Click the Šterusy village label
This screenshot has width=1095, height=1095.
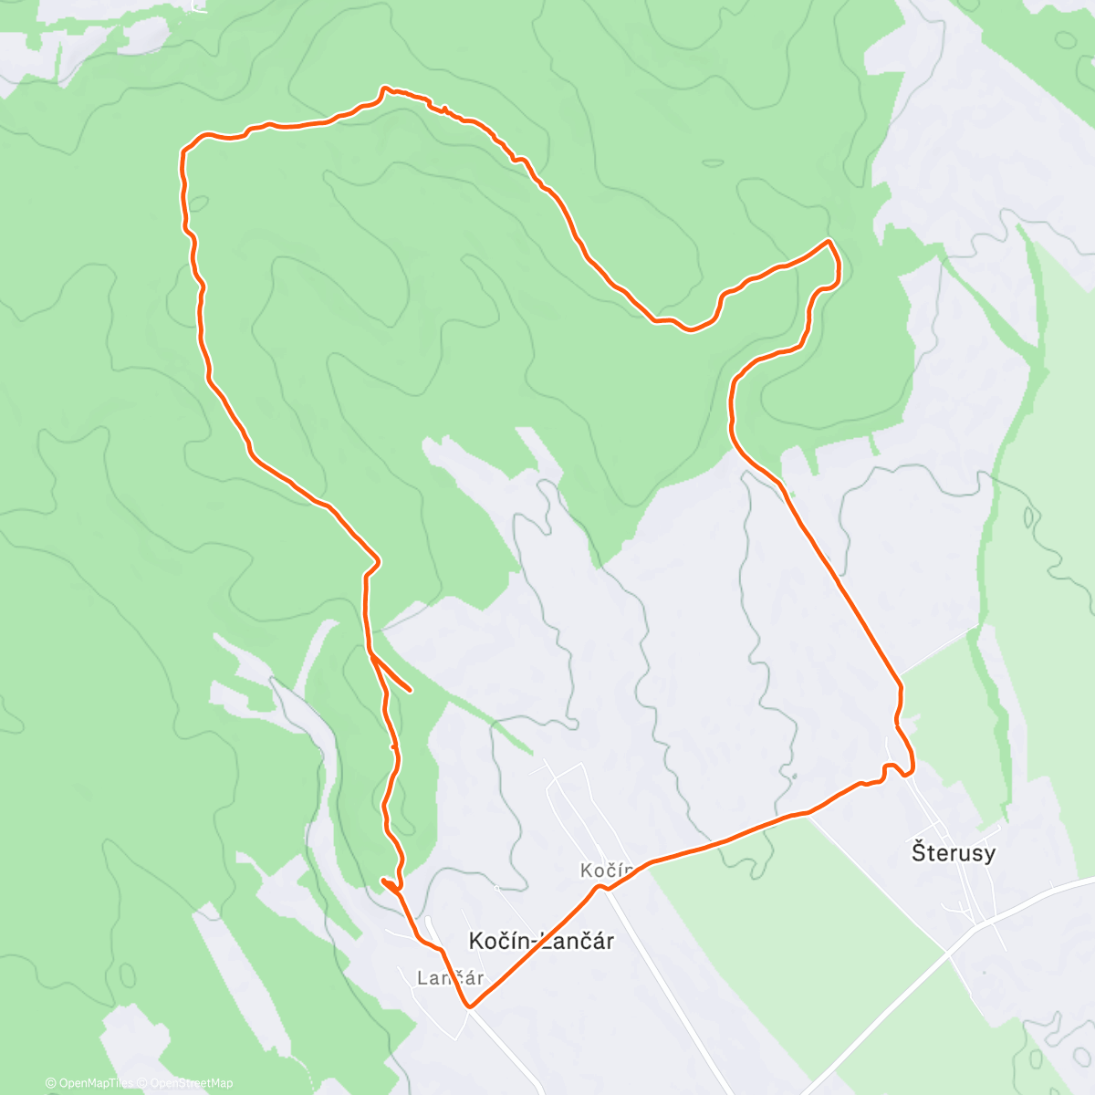click(x=954, y=853)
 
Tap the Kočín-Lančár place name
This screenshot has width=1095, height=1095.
click(x=540, y=941)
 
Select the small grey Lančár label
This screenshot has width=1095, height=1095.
click(x=450, y=978)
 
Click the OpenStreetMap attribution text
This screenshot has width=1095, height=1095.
click(x=191, y=1083)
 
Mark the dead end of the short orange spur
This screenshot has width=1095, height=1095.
click(x=412, y=690)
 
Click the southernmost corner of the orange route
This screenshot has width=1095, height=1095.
click(x=470, y=1006)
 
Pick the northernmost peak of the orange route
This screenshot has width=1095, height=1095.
click(x=386, y=88)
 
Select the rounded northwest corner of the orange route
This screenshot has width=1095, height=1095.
click(x=185, y=149)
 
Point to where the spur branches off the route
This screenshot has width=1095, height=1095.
click(x=371, y=652)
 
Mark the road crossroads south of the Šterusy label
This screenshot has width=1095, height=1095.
click(x=985, y=923)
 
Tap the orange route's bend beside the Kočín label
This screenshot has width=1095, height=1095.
click(x=602, y=886)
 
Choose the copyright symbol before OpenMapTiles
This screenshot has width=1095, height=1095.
click(x=51, y=1083)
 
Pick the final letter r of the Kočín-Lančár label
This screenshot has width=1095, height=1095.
click(x=609, y=942)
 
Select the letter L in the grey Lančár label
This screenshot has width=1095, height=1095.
click(x=422, y=978)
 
